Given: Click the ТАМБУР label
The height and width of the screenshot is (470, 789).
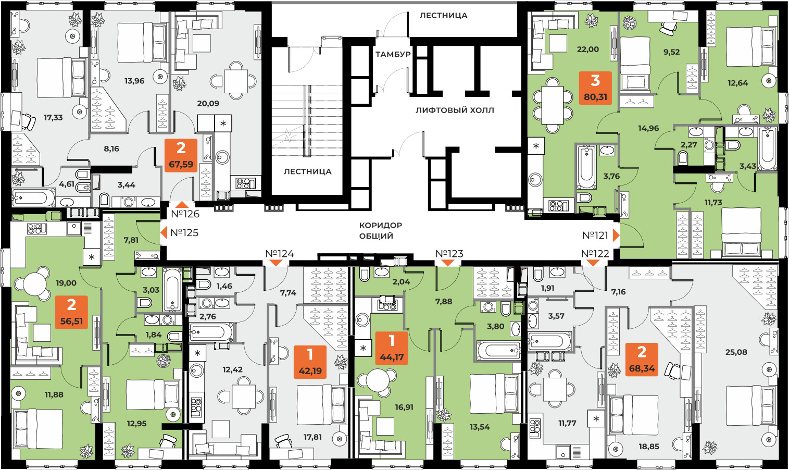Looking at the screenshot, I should pos(393,54).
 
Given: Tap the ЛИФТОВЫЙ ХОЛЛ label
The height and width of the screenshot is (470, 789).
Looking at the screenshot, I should pos(455,110).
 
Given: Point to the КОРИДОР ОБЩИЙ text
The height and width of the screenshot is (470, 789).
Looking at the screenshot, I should pos(380,230).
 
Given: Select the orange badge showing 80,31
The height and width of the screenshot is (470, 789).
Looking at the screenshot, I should pos(595,88).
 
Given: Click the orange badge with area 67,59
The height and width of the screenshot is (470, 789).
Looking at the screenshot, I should pos(181,155).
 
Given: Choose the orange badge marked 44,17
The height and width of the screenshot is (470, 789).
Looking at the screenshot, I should pos(392,348).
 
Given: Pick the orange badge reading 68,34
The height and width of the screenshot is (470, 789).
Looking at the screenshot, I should pos(642,359).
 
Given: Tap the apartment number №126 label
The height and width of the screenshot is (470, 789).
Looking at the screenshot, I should pos(185,214).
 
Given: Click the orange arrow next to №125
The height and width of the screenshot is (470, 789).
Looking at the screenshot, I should pos(164,233).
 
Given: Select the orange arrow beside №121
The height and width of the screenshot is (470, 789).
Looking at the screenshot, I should pos(616,235).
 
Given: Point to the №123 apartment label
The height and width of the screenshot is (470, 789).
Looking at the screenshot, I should pos(449,254).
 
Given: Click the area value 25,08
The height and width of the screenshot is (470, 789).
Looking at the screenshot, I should pos(736,352).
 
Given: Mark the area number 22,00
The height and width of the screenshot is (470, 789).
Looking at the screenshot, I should pos(587,50).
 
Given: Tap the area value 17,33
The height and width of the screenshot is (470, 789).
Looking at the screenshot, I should pos(53,118).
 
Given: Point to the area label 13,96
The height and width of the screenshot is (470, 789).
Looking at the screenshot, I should pos(134,81).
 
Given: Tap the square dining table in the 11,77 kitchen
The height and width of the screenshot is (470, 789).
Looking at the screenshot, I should pos(555,389).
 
